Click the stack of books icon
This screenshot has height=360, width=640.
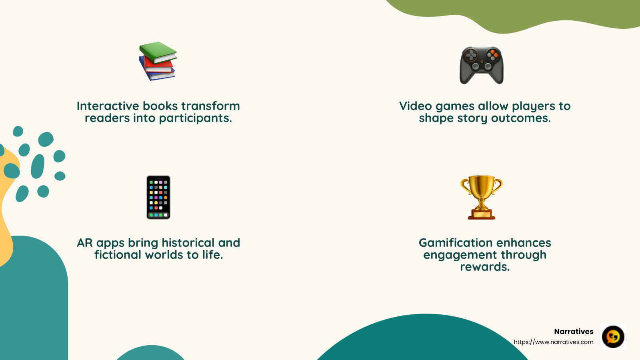pos(158,61)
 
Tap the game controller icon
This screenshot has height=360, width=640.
pos(482,65)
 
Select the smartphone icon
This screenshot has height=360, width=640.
pos(158,197)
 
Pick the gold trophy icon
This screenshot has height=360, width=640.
pos(482,197)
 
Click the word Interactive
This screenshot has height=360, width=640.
pos(108,106)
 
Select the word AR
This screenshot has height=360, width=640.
pos(85,243)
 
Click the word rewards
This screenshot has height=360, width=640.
pos(485,267)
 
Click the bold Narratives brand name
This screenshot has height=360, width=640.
pos(574,332)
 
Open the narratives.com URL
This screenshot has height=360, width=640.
pos(554,342)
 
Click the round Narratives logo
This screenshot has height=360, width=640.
pos(613,337)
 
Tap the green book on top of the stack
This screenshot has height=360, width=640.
pos(158,52)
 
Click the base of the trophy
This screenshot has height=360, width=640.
pos(482,215)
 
